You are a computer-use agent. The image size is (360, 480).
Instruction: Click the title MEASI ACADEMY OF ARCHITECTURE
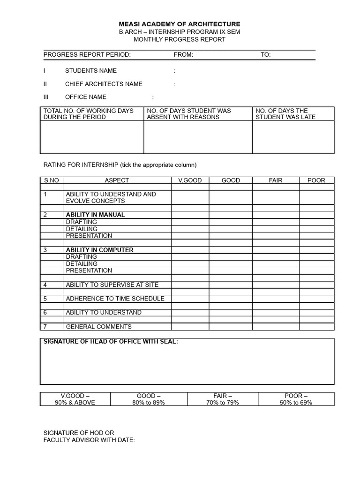pos(180,24)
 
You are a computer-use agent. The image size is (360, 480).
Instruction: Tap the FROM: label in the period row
pos(183,55)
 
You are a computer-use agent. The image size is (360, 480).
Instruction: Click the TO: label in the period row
pos(266,55)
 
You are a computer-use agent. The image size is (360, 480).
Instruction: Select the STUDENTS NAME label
pos(91,71)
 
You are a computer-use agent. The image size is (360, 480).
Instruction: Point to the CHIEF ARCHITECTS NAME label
pos(104,84)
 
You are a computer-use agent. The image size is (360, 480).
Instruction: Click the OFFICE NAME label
pos(86,97)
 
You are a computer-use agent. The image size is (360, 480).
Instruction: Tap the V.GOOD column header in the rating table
pos(190,180)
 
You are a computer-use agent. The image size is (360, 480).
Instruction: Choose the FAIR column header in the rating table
pos(276,180)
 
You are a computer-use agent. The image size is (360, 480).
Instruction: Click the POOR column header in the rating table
pos(316,180)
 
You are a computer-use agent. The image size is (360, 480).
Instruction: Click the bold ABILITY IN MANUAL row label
pos(95,215)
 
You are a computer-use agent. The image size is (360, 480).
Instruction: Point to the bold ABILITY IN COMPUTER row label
pos(99,250)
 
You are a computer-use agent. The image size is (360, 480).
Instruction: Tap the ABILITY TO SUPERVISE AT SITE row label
pos(112,285)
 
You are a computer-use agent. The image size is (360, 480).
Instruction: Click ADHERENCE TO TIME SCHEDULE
pos(115,299)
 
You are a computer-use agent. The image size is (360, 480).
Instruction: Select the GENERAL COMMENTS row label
pos(98,327)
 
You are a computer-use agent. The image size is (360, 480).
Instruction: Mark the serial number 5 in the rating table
pos(45,299)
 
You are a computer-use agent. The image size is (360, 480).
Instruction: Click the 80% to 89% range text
pos(149,403)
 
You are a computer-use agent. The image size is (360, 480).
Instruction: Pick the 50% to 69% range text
pos(296,403)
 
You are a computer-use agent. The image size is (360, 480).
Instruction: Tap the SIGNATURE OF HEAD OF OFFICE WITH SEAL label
pos(111,342)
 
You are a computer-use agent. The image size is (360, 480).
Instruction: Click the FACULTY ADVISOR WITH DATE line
pos(89,440)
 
